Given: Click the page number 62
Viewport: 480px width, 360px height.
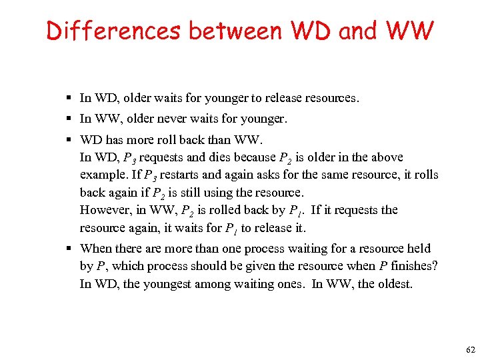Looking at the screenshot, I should pyautogui.click(x=471, y=350).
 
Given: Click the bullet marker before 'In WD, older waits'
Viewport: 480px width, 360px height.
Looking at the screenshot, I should pyautogui.click(x=69, y=99).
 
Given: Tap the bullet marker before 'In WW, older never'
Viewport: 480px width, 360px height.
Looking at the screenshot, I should pyautogui.click(x=69, y=119).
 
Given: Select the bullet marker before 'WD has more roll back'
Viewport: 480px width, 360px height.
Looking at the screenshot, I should pyautogui.click(x=69, y=141).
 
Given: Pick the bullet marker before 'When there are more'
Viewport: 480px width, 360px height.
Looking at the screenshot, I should pyautogui.click(x=69, y=249).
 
